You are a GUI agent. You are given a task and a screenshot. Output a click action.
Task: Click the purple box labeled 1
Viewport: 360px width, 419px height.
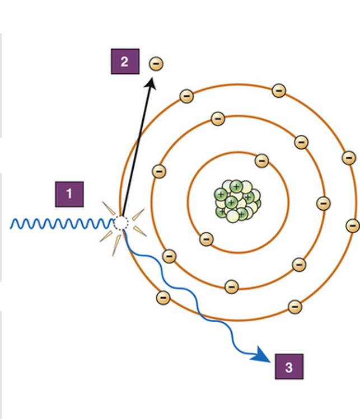pos(69,194)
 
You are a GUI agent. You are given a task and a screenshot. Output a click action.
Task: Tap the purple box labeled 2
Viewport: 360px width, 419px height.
pos(125,62)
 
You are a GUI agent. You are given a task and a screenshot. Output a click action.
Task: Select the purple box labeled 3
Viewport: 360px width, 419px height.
pos(289,367)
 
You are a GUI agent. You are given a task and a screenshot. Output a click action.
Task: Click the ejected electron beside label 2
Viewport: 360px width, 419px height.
pos(156,64)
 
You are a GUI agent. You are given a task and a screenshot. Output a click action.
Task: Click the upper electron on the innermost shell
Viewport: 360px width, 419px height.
pos(261,161)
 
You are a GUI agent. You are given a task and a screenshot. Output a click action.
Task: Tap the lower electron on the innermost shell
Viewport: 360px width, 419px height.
pos(206,239)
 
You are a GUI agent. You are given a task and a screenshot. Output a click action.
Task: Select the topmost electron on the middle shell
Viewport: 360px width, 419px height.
pos(218,119)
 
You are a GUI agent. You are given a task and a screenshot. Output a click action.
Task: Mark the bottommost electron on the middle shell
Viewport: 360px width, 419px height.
pos(231,287)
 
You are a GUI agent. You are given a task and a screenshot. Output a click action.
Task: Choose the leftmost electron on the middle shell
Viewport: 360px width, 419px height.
pos(159,171)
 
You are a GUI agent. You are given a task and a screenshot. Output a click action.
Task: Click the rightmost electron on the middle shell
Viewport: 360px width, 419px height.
pos(323,204)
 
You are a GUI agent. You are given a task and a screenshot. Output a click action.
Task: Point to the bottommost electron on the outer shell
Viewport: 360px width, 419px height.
pos(294,307)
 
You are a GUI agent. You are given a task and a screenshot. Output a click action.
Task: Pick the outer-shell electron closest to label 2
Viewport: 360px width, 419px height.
pos(186,96)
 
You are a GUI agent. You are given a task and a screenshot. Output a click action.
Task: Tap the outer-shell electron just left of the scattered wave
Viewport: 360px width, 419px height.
pos(163,297)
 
